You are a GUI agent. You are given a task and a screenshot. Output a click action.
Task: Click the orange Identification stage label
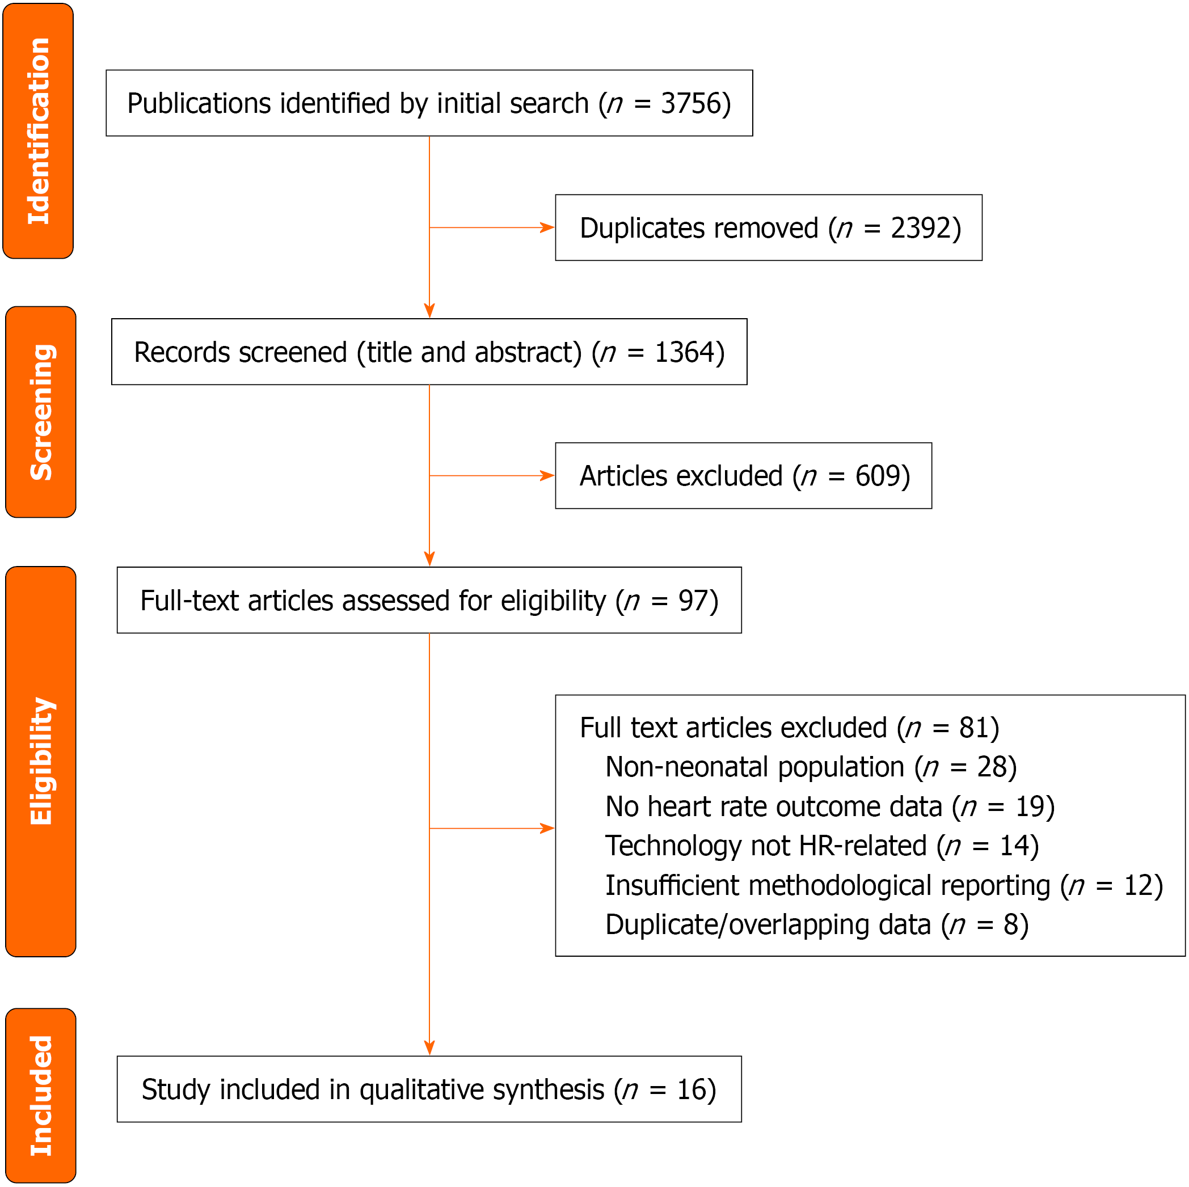38,131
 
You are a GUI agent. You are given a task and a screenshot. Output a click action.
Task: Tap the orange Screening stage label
41,412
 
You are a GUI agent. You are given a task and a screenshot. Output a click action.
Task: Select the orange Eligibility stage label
41,761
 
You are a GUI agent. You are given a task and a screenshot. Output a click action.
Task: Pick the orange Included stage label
41,1095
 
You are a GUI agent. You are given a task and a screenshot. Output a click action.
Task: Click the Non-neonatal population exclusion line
811,767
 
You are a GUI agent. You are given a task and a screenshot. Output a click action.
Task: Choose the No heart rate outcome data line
830,806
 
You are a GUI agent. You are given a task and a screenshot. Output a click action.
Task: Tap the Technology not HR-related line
822,846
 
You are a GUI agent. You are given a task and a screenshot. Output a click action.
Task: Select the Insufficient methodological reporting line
884,886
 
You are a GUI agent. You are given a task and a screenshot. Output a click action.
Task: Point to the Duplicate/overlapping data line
817,926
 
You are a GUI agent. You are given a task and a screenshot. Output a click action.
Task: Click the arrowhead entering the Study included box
429,1047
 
